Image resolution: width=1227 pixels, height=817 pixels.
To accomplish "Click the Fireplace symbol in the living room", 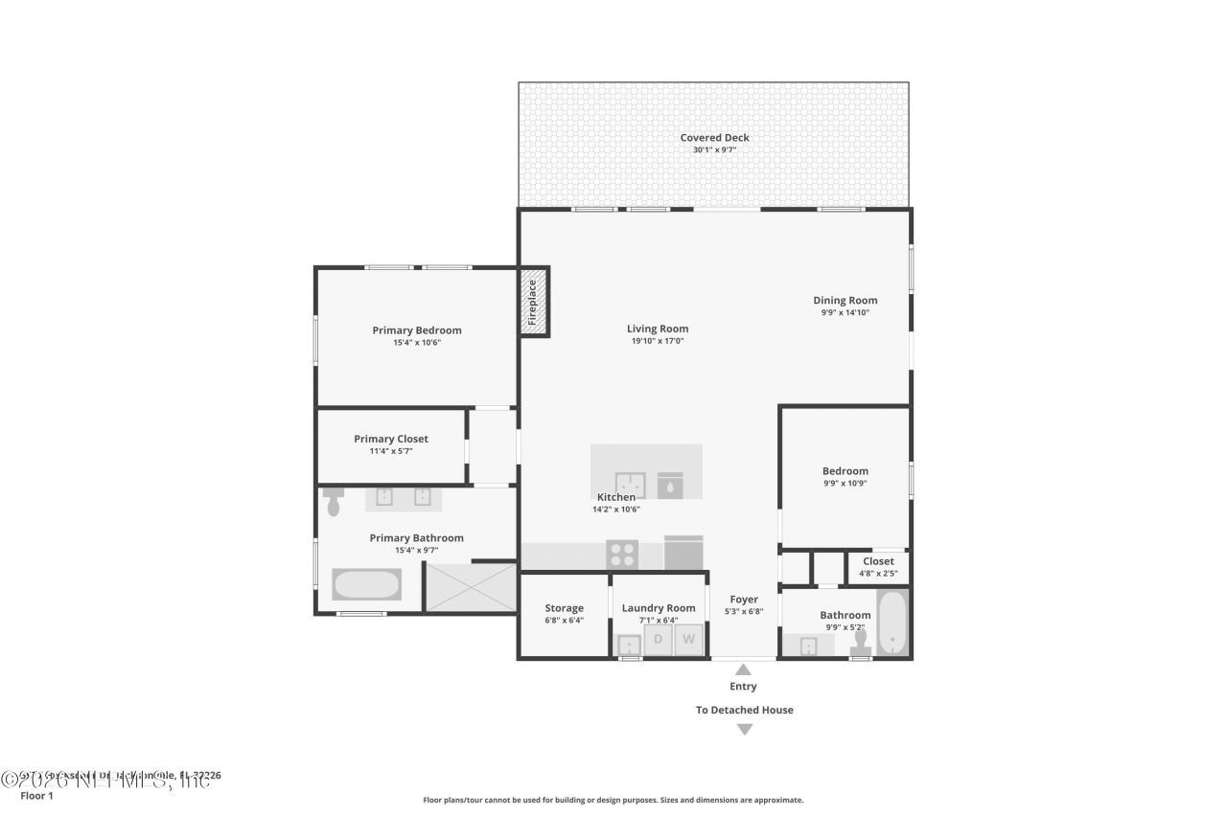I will pos(534,302).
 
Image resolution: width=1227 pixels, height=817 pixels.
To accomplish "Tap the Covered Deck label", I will pos(714,138).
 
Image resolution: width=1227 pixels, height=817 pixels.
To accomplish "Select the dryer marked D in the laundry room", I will pos(658,640).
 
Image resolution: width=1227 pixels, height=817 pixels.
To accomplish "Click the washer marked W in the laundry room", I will pos(688,640).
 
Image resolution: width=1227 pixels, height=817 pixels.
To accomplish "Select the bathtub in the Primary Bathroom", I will pos(366,584).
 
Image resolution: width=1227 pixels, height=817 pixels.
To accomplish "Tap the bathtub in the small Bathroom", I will pos(891,624).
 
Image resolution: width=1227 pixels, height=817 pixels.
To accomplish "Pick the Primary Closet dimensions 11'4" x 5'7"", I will pos(390,451).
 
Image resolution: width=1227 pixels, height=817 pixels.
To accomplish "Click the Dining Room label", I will pos(845,301).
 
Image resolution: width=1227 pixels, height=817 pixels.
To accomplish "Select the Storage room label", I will pos(564,608).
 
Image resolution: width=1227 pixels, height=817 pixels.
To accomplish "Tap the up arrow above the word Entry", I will pos(743,670).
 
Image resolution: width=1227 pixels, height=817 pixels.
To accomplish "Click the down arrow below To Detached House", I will pos(744,730).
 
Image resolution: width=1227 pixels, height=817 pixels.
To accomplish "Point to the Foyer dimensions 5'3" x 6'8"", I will pos(743,612).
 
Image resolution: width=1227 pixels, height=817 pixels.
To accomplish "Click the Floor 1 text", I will pos(36,795).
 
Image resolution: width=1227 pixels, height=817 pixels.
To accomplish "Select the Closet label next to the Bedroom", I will pos(878,561).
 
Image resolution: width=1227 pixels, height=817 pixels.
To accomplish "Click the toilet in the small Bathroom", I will pos(859,643).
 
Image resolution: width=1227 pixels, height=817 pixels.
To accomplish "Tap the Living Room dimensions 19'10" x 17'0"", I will pos(659,341).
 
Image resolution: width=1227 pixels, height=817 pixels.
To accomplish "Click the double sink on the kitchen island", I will pos(630,486).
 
